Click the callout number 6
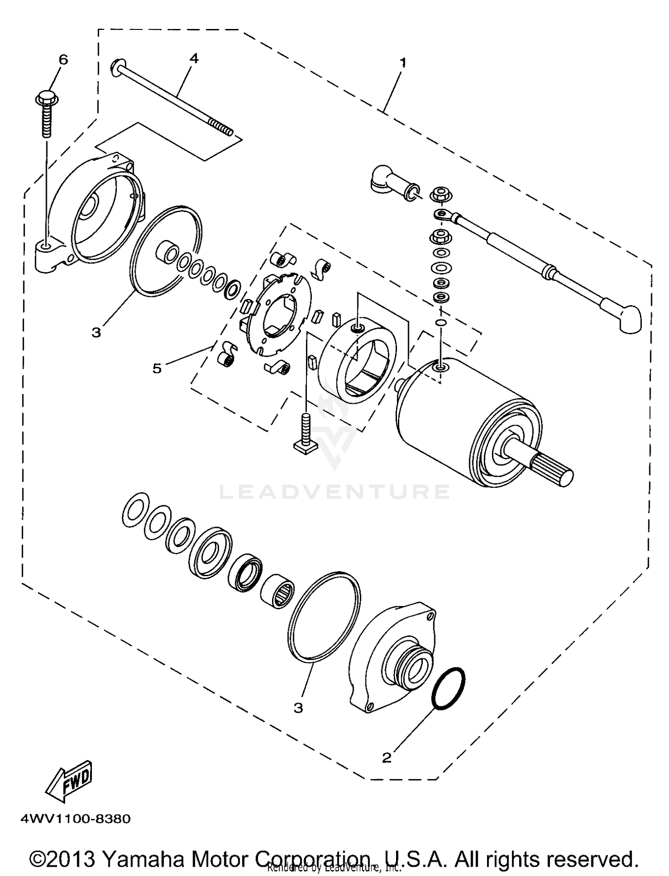point(63,59)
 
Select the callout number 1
point(403,62)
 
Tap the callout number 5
point(157,368)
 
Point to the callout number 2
point(387,757)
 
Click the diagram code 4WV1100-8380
point(75,819)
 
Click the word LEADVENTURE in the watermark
point(334,492)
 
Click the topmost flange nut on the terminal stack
point(439,195)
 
